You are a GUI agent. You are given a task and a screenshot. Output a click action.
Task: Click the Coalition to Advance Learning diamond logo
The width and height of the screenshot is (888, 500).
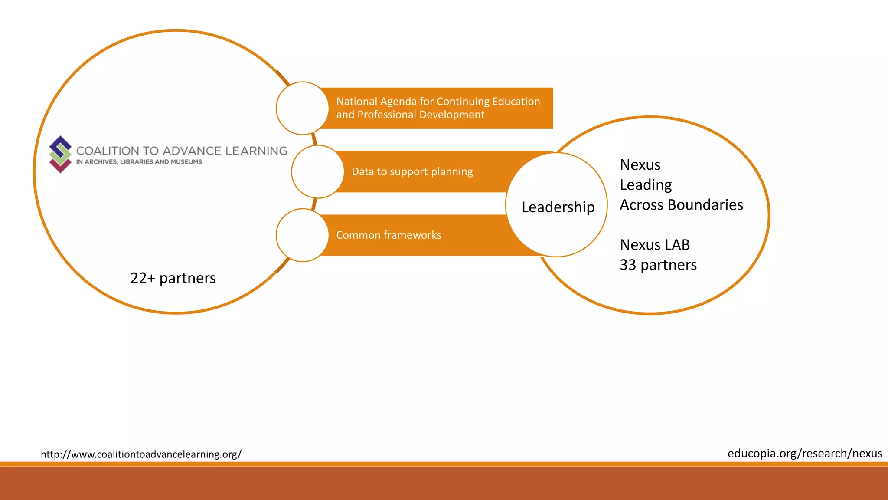click(60, 154)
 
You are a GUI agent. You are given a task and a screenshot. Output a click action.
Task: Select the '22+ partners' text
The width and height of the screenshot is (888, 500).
click(173, 278)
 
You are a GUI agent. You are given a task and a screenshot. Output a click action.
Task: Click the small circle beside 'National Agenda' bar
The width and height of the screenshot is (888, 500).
click(302, 108)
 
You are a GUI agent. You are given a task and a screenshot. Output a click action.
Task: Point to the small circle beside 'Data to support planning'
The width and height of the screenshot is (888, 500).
click(317, 172)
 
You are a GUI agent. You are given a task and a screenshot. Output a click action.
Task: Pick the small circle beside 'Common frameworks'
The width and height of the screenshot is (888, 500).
click(302, 235)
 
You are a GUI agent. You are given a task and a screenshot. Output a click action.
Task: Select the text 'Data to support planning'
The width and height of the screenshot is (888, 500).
click(412, 172)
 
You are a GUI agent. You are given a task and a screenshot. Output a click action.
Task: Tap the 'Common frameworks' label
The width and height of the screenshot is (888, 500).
click(388, 235)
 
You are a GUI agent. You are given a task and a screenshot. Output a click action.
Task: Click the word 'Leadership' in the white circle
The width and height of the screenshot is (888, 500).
click(558, 207)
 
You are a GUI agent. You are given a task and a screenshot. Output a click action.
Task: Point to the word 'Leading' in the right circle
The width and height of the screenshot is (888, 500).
click(646, 185)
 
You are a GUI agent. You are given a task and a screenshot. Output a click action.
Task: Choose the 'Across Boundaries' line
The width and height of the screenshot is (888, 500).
click(681, 205)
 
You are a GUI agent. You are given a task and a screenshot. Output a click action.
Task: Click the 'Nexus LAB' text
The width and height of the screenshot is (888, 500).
click(655, 245)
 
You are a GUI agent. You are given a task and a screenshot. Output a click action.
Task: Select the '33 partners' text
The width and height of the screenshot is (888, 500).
click(658, 265)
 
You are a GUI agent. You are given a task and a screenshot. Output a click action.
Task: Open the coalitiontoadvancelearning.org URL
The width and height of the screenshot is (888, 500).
click(141, 454)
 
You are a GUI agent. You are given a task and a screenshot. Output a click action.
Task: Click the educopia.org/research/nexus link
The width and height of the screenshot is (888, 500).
click(805, 454)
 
